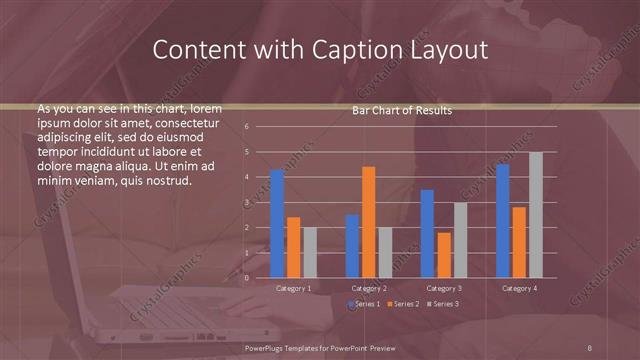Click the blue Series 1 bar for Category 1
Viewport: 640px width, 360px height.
click(277, 224)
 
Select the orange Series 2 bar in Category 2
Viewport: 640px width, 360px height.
click(368, 222)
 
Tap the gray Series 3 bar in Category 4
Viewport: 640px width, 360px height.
click(535, 215)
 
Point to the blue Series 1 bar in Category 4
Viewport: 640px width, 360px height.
click(502, 221)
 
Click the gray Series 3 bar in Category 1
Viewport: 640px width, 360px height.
click(310, 252)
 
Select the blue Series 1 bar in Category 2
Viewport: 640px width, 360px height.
click(352, 246)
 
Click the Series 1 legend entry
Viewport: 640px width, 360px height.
click(365, 303)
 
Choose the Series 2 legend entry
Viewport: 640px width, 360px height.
click(403, 303)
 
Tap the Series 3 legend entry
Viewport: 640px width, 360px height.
click(443, 303)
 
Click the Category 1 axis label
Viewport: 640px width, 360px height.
click(293, 288)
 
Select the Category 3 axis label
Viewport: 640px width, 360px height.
click(443, 288)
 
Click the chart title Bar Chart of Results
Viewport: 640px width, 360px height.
click(402, 110)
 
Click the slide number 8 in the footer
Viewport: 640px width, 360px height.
click(590, 347)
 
